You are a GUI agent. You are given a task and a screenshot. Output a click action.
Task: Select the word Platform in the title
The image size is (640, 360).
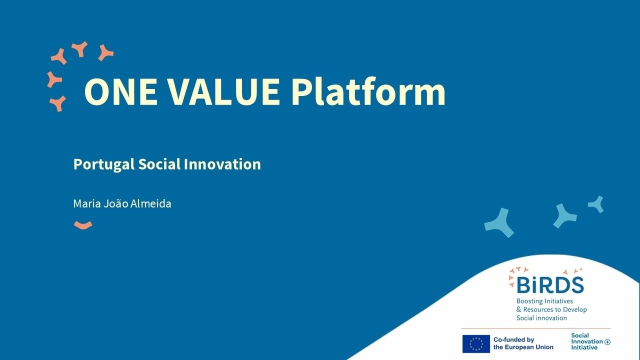click(x=368, y=92)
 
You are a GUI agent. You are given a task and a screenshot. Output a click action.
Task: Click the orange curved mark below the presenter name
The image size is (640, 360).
click(x=83, y=225)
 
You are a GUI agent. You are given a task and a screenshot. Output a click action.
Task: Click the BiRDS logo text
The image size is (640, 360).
click(x=550, y=285)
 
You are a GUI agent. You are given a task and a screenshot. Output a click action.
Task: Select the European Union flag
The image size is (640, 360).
click(x=476, y=344)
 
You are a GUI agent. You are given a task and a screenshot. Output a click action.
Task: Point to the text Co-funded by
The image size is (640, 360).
click(x=514, y=340)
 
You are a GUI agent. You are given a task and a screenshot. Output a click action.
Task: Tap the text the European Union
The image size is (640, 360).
click(x=523, y=347)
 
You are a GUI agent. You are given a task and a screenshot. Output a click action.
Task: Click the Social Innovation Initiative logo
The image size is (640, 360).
click(x=590, y=341)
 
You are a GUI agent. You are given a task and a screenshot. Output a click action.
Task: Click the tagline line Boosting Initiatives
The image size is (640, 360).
click(x=544, y=301)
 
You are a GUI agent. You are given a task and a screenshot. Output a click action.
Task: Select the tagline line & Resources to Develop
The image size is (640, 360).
click(x=551, y=309)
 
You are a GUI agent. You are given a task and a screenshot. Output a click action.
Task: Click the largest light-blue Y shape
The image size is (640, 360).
click(x=499, y=222)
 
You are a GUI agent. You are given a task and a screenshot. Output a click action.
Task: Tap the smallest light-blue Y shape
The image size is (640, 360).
click(x=596, y=203)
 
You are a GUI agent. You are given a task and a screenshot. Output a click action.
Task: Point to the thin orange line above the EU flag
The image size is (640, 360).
click(x=535, y=328)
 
